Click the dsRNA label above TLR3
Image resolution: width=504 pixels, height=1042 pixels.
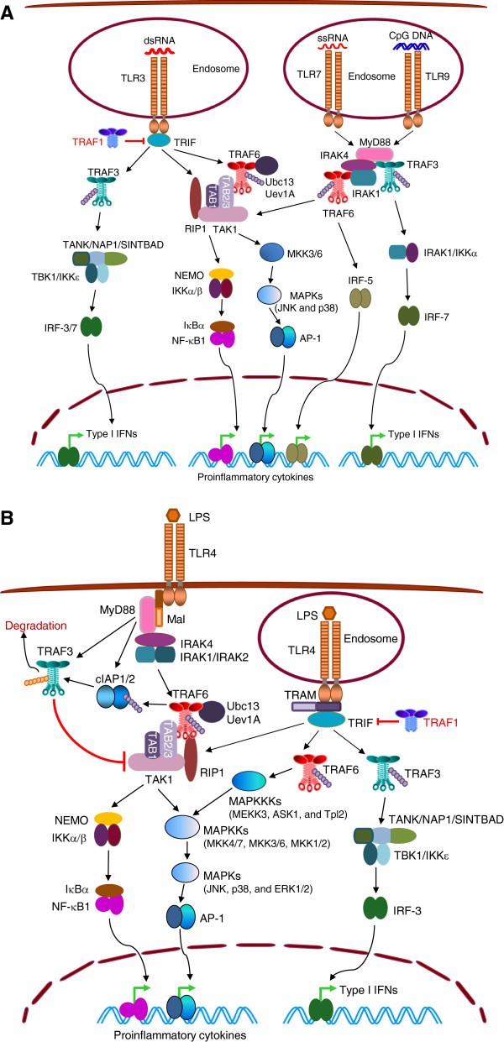tap(159, 40)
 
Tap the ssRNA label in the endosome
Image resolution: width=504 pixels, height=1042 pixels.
tap(333, 38)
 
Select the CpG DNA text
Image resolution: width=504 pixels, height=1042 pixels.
tap(411, 35)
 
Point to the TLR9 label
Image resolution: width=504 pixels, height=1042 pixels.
tap(438, 76)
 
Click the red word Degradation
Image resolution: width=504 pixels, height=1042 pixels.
tap(36, 626)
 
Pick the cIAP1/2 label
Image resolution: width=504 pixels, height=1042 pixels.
tap(115, 678)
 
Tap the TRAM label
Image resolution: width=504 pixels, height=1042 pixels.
tap(301, 695)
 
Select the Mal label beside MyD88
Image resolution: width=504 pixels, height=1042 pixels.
tap(176, 619)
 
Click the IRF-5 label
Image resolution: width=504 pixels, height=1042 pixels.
tap(360, 280)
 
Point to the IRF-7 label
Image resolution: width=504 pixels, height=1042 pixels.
tap(436, 317)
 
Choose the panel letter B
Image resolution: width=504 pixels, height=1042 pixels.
tap(8, 518)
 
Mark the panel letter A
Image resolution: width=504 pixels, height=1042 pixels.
tap(7, 13)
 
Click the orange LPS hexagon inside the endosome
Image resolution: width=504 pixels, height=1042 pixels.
tap(329, 613)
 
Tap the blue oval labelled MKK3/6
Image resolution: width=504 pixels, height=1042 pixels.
tap(271, 252)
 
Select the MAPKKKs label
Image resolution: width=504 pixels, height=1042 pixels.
tap(255, 802)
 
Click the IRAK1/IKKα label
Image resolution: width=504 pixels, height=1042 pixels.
tap(450, 253)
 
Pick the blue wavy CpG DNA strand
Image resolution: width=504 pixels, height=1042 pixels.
tap(410, 46)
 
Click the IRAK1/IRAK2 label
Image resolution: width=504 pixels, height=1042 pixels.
tap(214, 657)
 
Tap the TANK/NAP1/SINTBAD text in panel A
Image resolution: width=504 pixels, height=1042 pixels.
tap(113, 244)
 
